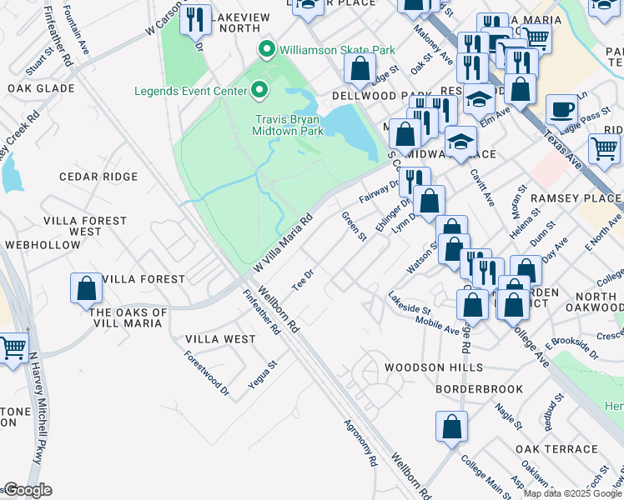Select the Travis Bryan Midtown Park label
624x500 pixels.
[x=289, y=124]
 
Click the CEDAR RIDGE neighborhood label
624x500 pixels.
[x=98, y=177]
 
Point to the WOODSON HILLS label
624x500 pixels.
[x=433, y=367]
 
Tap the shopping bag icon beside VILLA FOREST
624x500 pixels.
[x=86, y=289]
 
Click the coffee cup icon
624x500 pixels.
[x=561, y=110]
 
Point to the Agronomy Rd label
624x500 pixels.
[x=360, y=442]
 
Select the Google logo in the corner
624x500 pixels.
[x=27, y=490]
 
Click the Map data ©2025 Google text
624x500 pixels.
[x=572, y=493]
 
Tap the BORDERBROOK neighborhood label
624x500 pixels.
[x=479, y=389]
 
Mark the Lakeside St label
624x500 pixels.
[x=409, y=303]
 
